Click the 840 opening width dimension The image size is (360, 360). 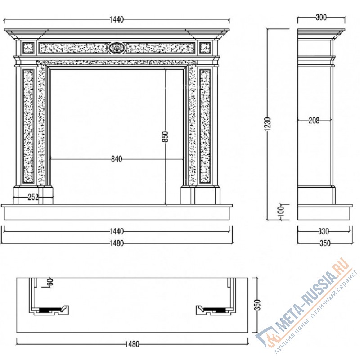pyautogui.click(x=117, y=159)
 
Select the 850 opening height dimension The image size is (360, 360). pyautogui.click(x=165, y=136)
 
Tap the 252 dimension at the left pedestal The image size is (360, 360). pyautogui.click(x=33, y=197)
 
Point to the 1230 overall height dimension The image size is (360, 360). pyautogui.click(x=268, y=124)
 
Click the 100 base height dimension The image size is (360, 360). pyautogui.click(x=281, y=211)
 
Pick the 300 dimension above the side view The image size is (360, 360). pyautogui.click(x=321, y=17)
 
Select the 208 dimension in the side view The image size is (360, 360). pyautogui.click(x=314, y=120)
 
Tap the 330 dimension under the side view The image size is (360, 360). pyautogui.click(x=324, y=231)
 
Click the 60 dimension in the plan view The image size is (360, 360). pyautogui.click(x=50, y=282)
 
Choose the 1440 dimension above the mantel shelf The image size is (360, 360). pyautogui.click(x=117, y=19)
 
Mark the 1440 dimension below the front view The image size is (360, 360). pyautogui.click(x=117, y=231)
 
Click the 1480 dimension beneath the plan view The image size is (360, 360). pyautogui.click(x=132, y=344)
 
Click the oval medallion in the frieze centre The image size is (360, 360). pyautogui.click(x=117, y=48)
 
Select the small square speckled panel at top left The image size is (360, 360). pyautogui.click(x=29, y=48)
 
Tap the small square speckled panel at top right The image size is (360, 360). pyautogui.click(x=205, y=48)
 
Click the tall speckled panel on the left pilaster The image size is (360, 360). pyautogui.click(x=29, y=126)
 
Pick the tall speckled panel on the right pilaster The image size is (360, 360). pyautogui.click(x=205, y=126)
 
